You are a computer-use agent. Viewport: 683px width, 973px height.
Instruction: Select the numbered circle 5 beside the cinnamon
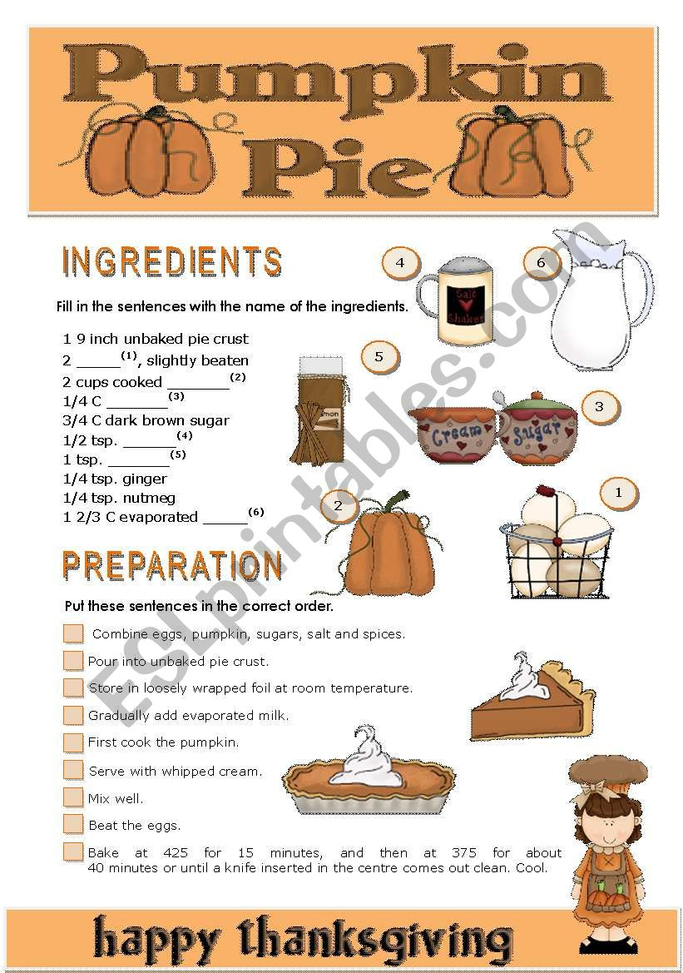click(x=379, y=357)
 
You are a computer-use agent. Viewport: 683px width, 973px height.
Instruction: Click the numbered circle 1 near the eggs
click(x=618, y=493)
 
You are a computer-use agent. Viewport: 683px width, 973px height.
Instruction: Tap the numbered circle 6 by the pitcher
click(x=541, y=263)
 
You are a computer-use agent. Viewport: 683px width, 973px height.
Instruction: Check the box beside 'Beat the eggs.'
click(x=73, y=824)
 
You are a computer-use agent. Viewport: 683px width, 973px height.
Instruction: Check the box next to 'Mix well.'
click(x=73, y=797)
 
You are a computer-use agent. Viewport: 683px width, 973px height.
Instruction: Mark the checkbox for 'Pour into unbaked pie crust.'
click(x=73, y=661)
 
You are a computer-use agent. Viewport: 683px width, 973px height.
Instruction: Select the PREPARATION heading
click(x=172, y=566)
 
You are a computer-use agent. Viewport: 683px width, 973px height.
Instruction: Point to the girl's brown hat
click(x=607, y=770)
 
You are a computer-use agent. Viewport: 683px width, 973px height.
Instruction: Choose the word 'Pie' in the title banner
click(x=333, y=166)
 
